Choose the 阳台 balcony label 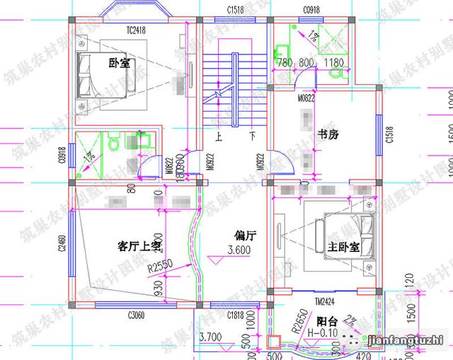[x=326, y=319]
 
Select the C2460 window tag [x=62, y=244]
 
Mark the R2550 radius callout [x=160, y=269]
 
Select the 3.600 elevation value [x=239, y=250]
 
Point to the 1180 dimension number [x=333, y=64]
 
